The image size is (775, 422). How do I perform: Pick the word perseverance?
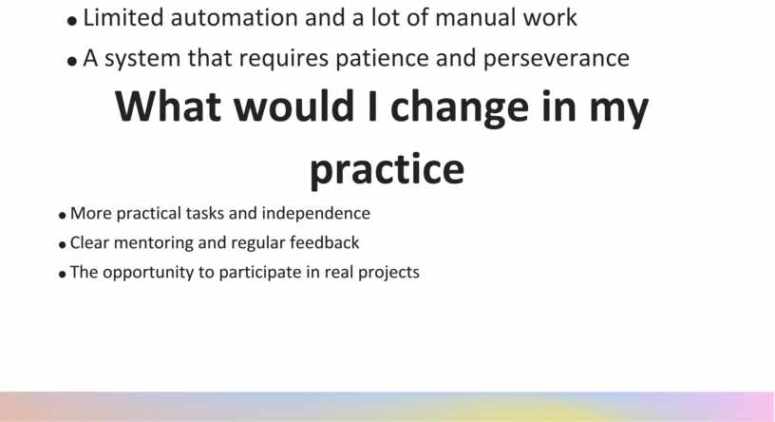pyautogui.click(x=556, y=59)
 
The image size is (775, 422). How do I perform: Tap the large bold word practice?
pyautogui.click(x=387, y=169)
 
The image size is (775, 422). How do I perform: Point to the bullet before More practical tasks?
pyautogui.click(x=63, y=216)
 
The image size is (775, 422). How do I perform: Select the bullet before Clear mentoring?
pyautogui.click(x=63, y=245)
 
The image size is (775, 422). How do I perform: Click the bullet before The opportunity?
pyautogui.click(x=63, y=275)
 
